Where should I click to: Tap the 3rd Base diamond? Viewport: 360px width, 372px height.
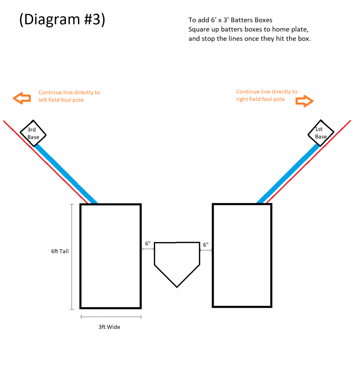[33, 120]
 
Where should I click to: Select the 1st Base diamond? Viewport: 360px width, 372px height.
[320, 120]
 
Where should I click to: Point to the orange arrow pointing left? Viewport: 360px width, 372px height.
[22, 98]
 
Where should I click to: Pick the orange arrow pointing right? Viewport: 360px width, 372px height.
[305, 101]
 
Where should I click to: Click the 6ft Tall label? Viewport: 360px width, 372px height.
[60, 251]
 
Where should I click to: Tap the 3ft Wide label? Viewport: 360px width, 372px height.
[109, 327]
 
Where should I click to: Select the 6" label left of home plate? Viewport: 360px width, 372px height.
[148, 243]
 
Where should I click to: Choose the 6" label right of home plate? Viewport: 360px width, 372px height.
[206, 245]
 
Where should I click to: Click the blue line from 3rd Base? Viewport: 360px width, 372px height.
[66, 174]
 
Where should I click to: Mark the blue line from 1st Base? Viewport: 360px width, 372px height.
[288, 174]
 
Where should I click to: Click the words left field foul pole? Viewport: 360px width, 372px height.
[61, 100]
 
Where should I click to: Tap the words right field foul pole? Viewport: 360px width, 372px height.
[260, 99]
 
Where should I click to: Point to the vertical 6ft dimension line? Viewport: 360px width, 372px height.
[72, 257]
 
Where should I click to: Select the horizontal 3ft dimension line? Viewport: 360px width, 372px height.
[111, 317]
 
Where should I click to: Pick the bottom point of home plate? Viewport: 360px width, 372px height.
[177, 287]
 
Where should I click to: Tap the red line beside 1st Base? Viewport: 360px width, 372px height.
[308, 162]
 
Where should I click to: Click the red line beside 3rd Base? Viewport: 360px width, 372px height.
[46, 162]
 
